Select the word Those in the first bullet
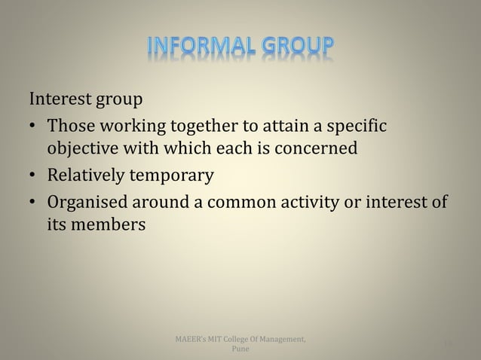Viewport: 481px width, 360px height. pos(71,125)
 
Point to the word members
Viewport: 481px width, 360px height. pos(104,227)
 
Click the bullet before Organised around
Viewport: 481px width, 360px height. pos(34,204)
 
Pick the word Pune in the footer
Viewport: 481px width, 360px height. pos(241,350)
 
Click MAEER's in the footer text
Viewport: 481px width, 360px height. pos(189,340)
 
